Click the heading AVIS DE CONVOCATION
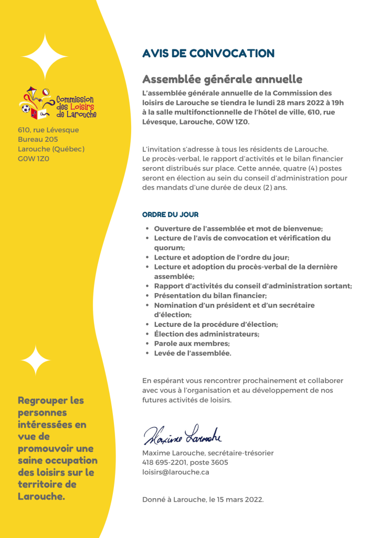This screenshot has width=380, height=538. tap(208, 54)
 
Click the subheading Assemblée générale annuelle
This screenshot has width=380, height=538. tap(222, 79)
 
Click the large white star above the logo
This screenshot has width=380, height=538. tap(45, 57)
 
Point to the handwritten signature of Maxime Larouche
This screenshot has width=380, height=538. tap(183, 434)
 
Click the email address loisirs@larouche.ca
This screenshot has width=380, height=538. tap(175, 472)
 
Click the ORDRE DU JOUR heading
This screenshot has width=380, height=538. tap(170, 215)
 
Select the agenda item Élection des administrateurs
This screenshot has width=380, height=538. tap(206, 334)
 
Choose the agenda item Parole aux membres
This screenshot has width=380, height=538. tap(192, 344)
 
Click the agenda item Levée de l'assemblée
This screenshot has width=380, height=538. tap(192, 353)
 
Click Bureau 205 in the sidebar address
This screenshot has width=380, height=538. tap(38, 139)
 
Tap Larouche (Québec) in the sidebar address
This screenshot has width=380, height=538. tap(51, 149)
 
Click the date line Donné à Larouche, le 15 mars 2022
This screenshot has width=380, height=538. tap(203, 499)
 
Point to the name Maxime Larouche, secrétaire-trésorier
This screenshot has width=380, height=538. tap(208, 453)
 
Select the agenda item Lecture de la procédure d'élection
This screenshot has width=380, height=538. tap(216, 325)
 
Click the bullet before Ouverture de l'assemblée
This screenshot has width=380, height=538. tap(147, 229)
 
